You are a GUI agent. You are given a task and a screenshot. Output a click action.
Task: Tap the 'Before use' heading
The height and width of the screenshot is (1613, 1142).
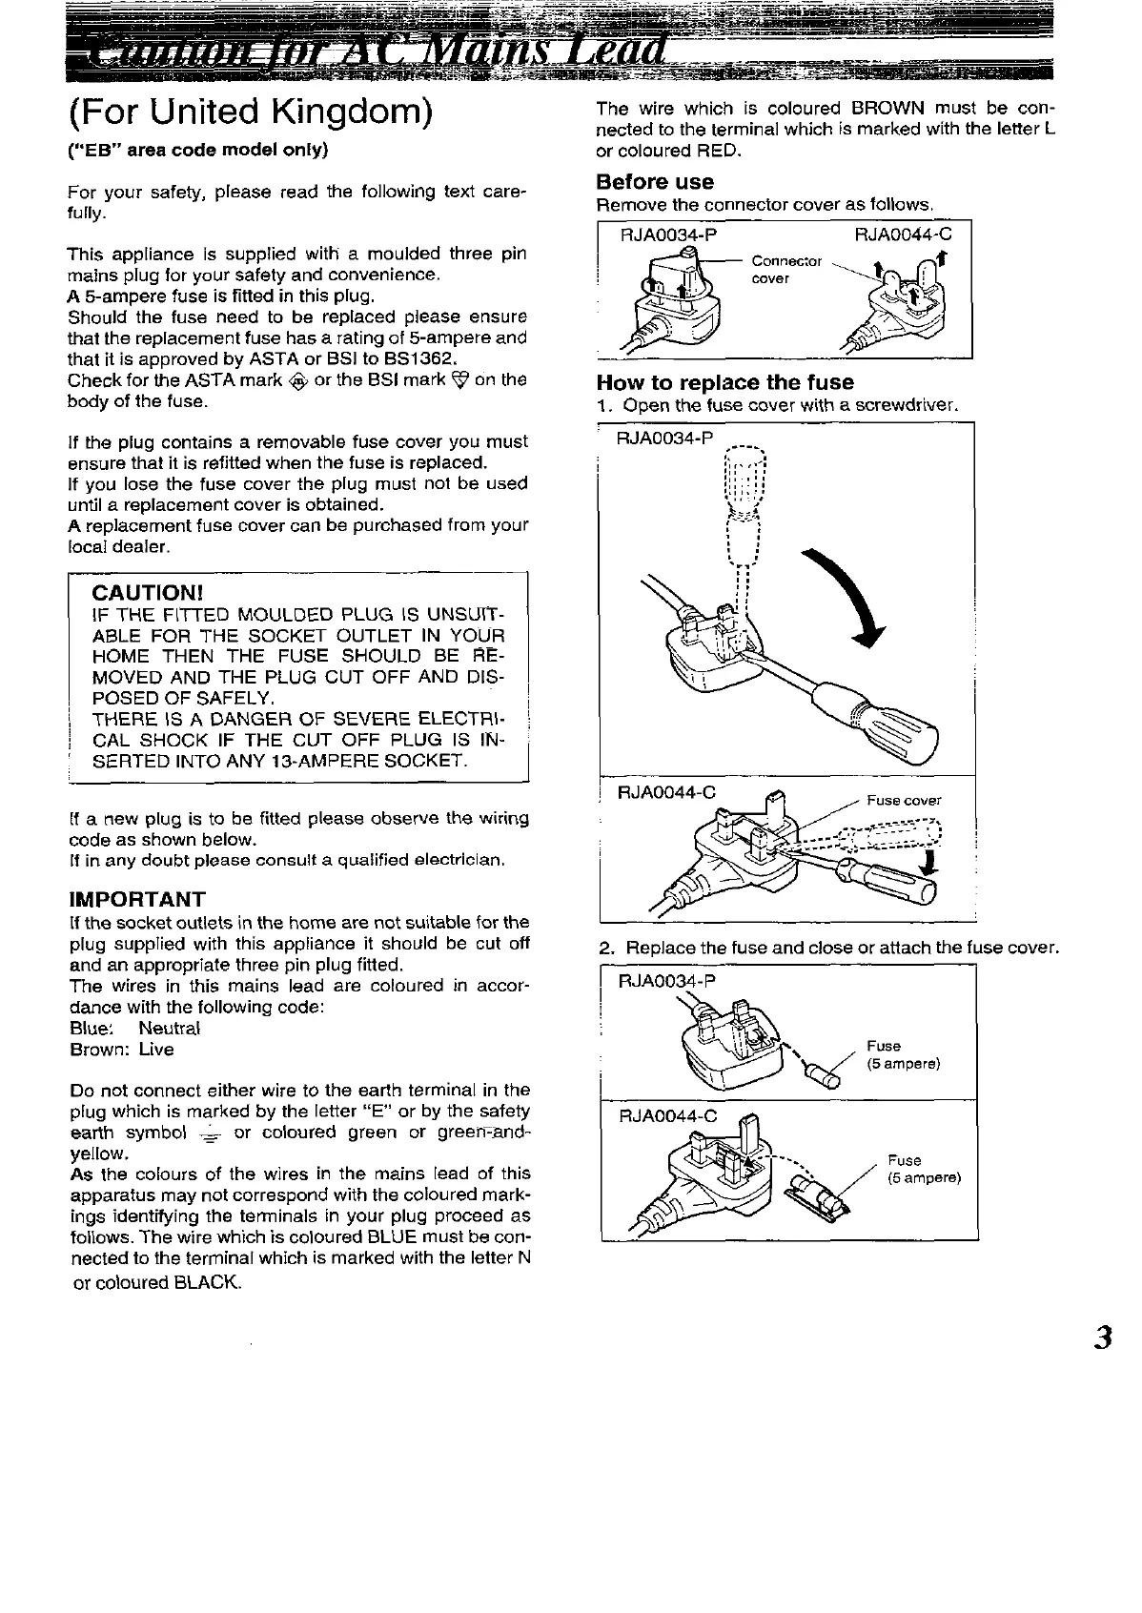pyautogui.click(x=655, y=181)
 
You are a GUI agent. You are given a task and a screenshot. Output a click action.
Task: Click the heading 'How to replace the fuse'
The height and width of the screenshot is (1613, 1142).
pyautogui.click(x=724, y=382)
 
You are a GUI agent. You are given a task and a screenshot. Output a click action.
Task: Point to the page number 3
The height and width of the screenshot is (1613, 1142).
pyautogui.click(x=1103, y=1337)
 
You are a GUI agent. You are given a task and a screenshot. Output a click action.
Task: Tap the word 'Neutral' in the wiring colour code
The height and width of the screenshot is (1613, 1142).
pyautogui.click(x=170, y=1029)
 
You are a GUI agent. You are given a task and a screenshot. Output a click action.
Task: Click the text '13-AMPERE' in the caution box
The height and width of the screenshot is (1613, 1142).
pyautogui.click(x=312, y=761)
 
